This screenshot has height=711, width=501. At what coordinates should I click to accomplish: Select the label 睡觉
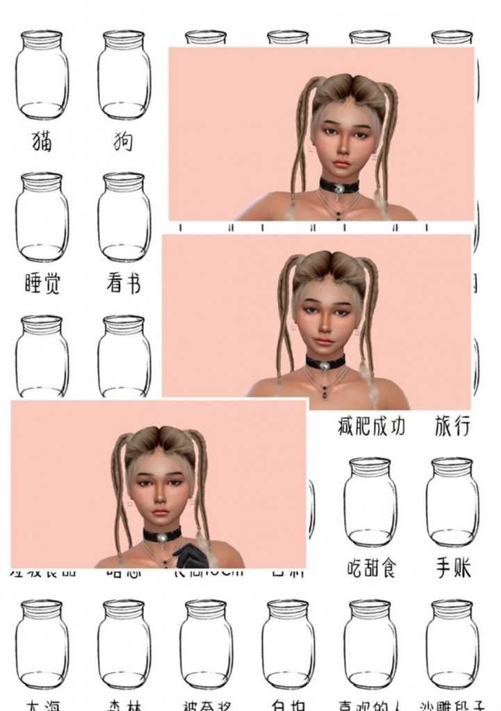[42, 283]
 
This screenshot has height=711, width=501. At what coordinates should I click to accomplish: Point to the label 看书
[124, 283]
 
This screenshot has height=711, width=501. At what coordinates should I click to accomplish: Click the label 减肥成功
[371, 425]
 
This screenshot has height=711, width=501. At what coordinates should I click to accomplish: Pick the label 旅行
[452, 425]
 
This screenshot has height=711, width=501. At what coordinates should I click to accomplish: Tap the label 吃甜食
[371, 569]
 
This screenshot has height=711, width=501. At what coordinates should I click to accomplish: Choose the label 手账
[453, 569]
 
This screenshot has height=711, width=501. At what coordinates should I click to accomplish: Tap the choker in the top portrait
[338, 185]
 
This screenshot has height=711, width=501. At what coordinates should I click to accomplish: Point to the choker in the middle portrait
[325, 362]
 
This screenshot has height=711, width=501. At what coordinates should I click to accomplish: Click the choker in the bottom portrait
[162, 534]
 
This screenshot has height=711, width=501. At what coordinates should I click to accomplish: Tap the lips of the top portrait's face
[340, 162]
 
